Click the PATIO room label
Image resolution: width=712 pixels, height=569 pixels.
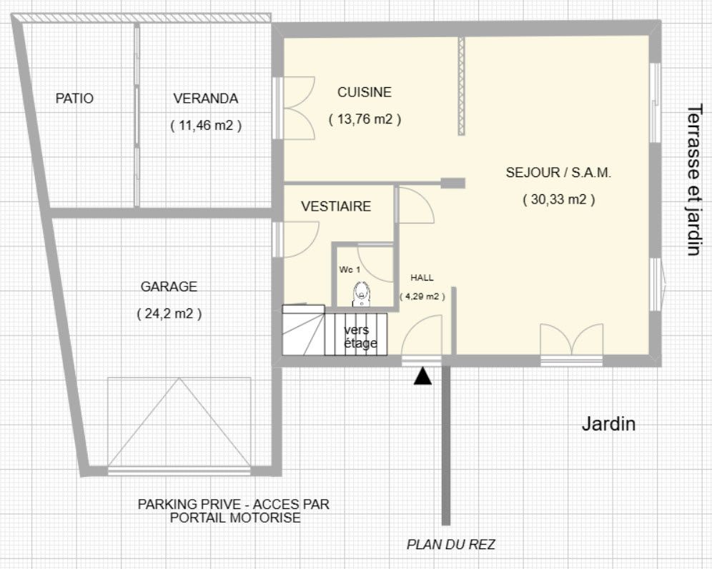(x=74, y=99)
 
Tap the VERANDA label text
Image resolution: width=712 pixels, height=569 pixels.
(x=206, y=99)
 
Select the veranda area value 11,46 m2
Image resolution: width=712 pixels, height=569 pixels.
(x=206, y=125)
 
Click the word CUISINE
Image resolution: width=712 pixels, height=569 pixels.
(x=364, y=92)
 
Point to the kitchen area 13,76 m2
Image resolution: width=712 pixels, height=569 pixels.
(x=365, y=119)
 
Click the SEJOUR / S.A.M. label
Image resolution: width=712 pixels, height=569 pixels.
(x=558, y=173)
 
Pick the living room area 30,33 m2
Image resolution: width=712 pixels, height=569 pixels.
(x=558, y=199)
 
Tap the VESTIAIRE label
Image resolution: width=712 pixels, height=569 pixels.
(x=336, y=207)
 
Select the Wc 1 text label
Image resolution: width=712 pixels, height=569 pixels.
(x=350, y=270)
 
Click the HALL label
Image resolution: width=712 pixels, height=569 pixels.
(x=422, y=278)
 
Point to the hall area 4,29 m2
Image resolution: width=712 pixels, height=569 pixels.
(x=422, y=296)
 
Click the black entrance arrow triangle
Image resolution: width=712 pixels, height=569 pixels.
(x=422, y=376)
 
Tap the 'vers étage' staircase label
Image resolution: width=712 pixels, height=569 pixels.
(x=360, y=336)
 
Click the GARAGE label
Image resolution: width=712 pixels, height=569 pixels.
(x=169, y=286)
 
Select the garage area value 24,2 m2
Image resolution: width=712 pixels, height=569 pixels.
(x=169, y=313)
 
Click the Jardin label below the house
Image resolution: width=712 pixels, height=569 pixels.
(x=608, y=424)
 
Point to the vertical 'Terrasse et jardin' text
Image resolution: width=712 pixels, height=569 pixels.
(x=694, y=181)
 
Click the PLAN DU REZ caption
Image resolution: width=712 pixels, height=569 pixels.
(x=450, y=544)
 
